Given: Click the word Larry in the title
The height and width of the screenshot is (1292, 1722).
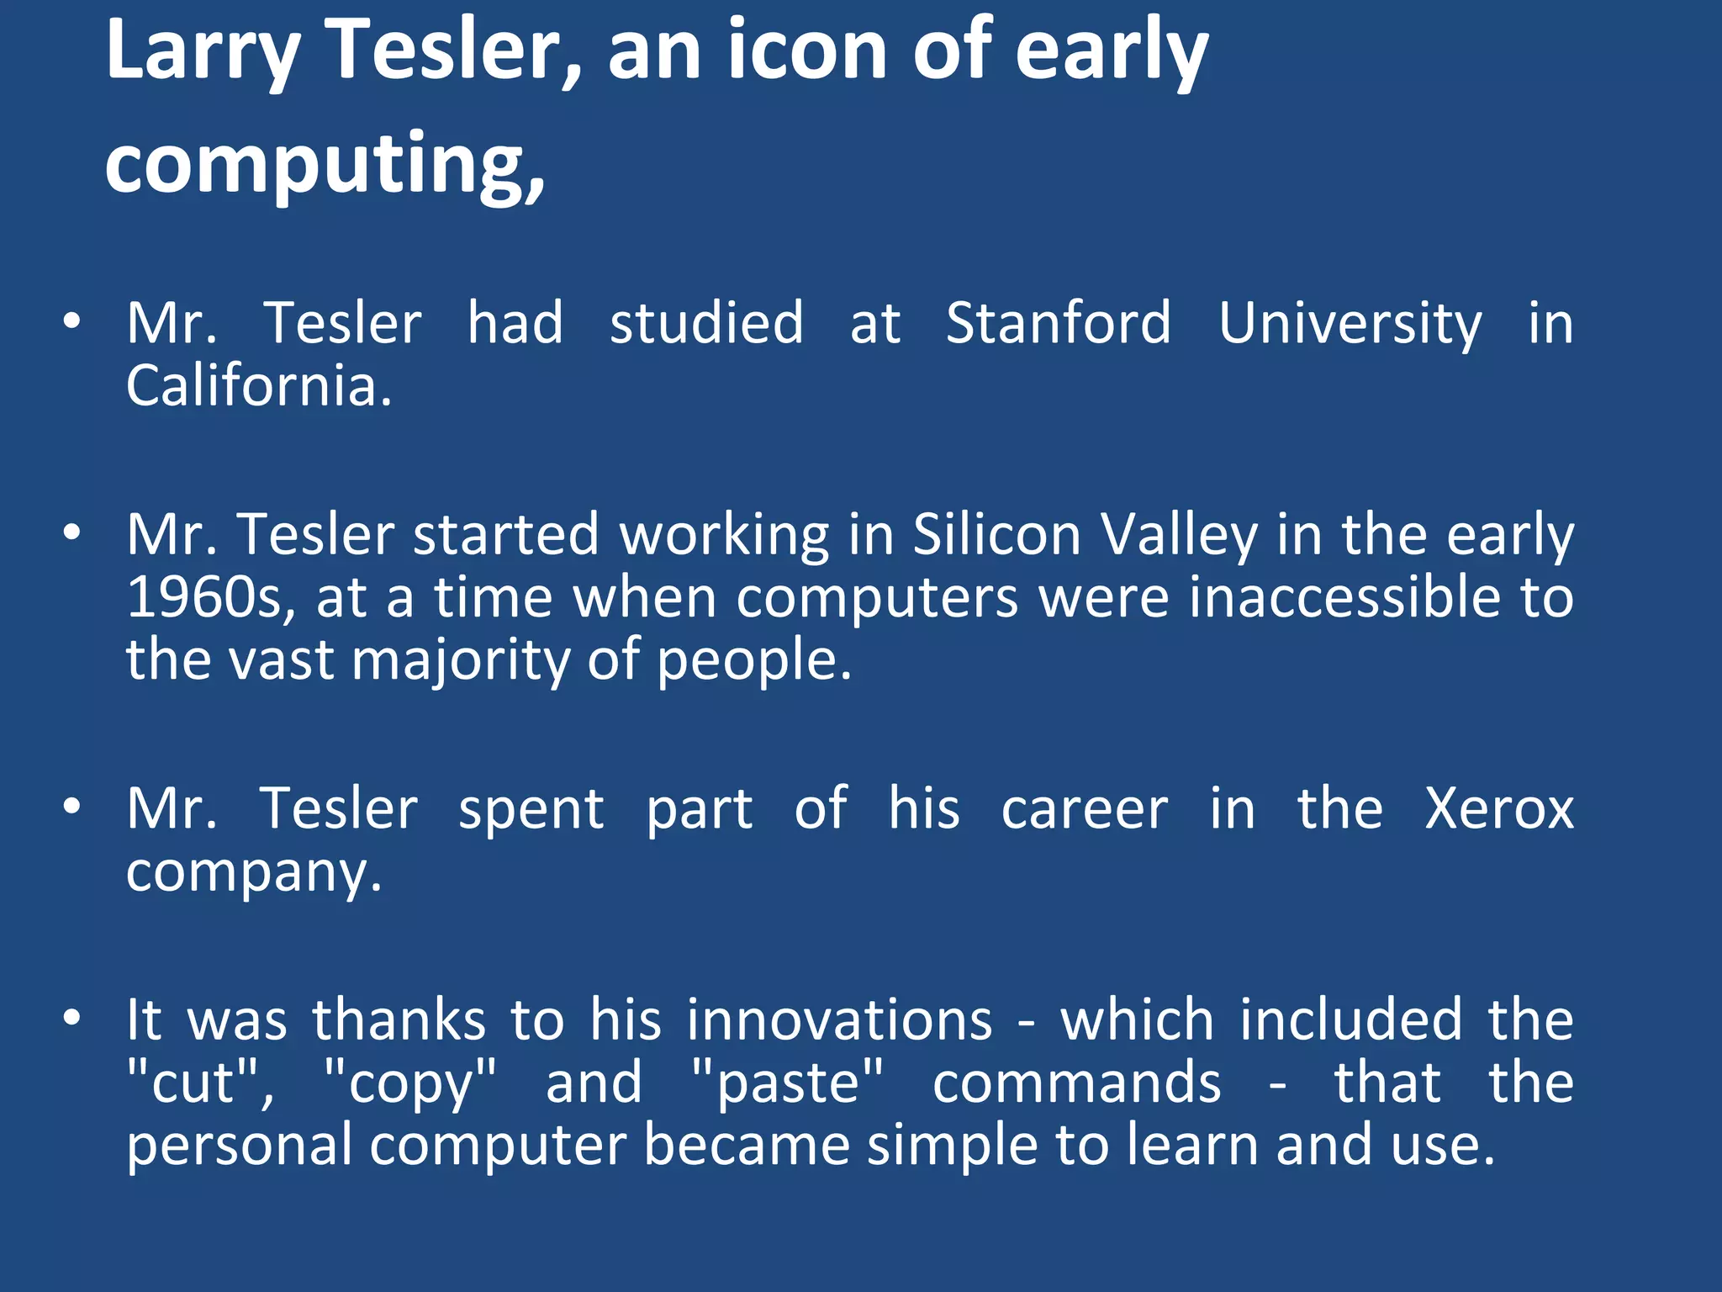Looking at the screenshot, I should pyautogui.click(x=203, y=52).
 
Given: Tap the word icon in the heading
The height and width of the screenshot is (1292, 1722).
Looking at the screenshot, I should pyautogui.click(x=806, y=52).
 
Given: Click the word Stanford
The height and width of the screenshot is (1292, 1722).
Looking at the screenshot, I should pyautogui.click(x=1058, y=323).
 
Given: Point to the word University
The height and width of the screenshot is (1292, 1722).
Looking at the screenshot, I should pyautogui.click(x=1350, y=325).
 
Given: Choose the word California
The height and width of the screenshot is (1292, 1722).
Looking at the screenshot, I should pyautogui.click(x=258, y=386).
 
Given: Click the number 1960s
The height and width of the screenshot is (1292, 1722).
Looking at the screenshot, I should pyautogui.click(x=210, y=597).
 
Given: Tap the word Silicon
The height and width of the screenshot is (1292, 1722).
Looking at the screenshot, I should pyautogui.click(x=996, y=535).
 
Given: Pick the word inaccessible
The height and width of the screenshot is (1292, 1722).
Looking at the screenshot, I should pyautogui.click(x=1344, y=597).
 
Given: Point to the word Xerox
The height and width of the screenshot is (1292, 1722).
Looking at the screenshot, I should pyautogui.click(x=1498, y=809).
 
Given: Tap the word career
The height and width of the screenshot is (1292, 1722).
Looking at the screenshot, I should pyautogui.click(x=1085, y=809).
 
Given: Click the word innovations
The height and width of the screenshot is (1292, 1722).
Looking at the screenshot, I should pyautogui.click(x=839, y=1020).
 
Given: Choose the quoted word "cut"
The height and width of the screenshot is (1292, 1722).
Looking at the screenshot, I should pyautogui.click(x=199, y=1083).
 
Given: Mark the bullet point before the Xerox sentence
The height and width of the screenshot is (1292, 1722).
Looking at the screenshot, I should pyautogui.click(x=72, y=807).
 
